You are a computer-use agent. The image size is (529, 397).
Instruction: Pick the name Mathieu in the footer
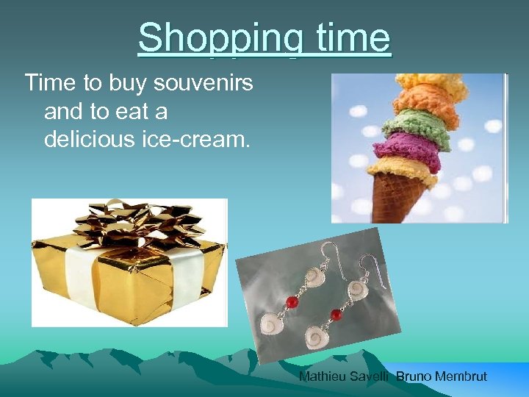[324, 376]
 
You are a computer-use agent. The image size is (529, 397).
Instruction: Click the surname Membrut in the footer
[460, 376]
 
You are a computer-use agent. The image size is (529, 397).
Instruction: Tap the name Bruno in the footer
[414, 376]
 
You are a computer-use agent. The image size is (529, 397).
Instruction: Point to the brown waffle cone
[394, 195]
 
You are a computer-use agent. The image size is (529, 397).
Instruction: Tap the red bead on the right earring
[337, 315]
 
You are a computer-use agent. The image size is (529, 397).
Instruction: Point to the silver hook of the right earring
[367, 258]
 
